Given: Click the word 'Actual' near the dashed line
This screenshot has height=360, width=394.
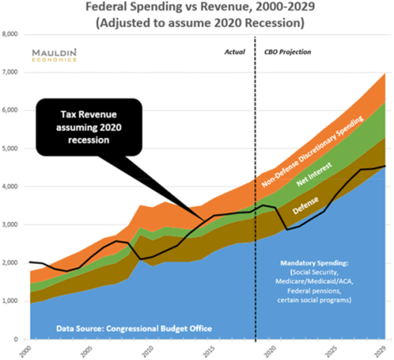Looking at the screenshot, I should click(x=234, y=52).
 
